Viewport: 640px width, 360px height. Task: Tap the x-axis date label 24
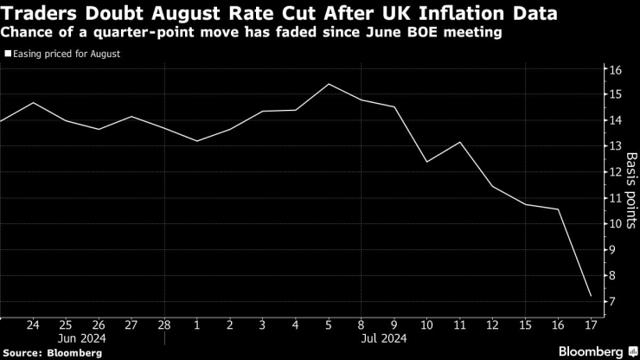33,325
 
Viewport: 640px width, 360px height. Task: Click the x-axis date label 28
164,325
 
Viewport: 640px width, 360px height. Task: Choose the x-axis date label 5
330,325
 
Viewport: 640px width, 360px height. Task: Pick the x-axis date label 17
592,325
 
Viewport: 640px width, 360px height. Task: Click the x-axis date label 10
427,325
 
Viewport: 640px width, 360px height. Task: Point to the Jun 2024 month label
82,339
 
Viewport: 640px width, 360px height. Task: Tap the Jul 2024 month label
379,339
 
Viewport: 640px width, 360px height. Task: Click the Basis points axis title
631,186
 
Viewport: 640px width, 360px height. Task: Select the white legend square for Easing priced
8,54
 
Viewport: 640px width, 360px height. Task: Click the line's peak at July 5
330,84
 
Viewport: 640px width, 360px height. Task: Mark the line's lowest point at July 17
591,297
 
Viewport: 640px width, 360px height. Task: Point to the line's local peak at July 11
460,142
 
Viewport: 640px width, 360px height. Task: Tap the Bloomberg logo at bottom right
580,350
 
